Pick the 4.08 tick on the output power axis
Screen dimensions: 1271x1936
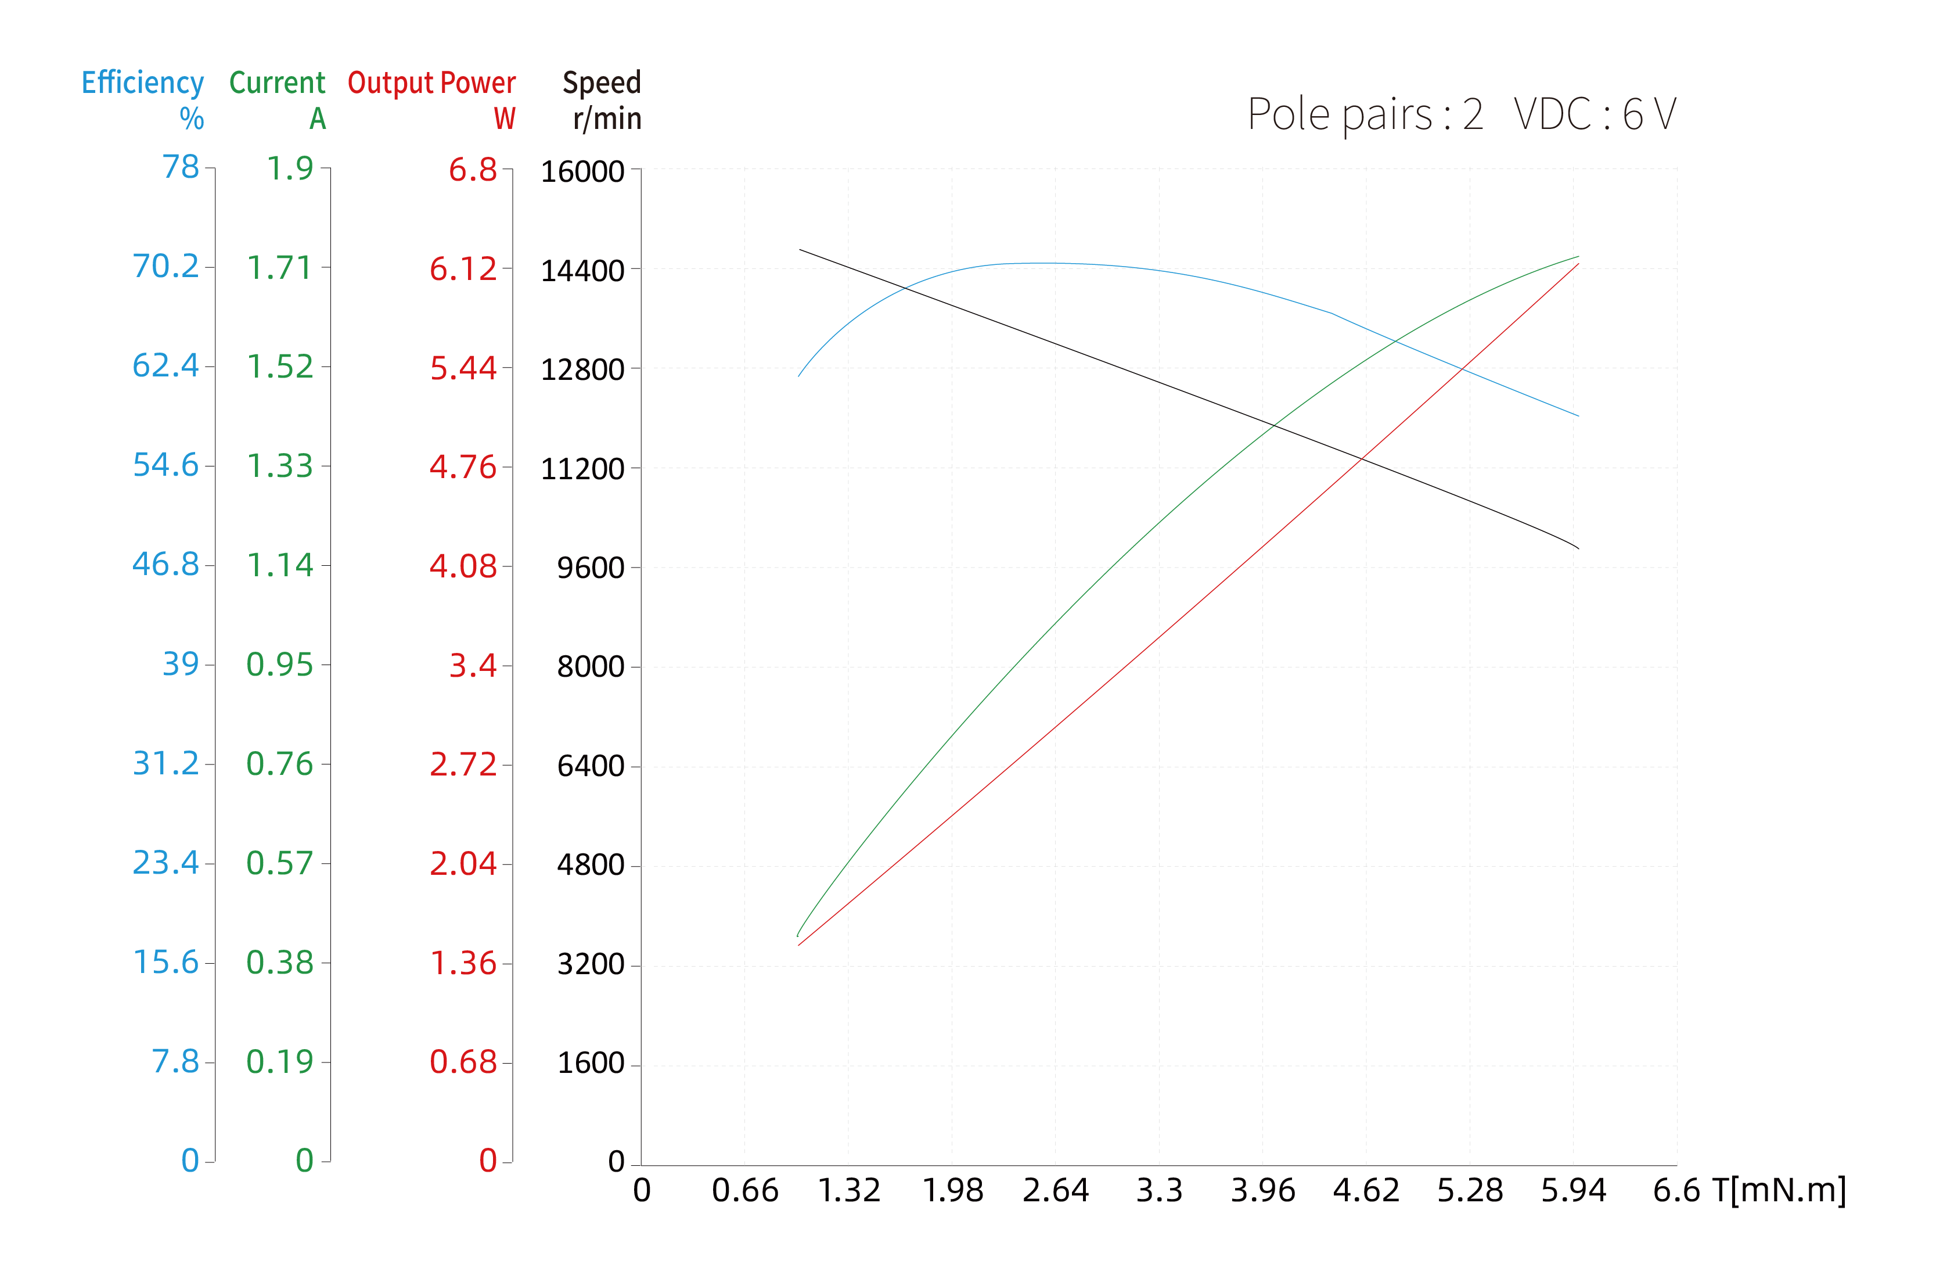pyautogui.click(x=462, y=566)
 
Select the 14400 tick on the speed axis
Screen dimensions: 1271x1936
pyautogui.click(x=582, y=270)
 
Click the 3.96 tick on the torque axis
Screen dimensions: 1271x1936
pyautogui.click(x=1262, y=1190)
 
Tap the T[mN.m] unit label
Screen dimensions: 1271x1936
pyautogui.click(x=1779, y=1190)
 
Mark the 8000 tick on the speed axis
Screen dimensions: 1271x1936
pyautogui.click(x=591, y=666)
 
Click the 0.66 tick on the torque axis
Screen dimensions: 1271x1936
pyautogui.click(x=744, y=1190)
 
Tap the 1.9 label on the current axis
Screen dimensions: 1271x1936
pyautogui.click(x=290, y=168)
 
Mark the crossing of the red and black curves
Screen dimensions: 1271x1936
pyautogui.click(x=1362, y=459)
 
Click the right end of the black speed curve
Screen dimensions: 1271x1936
pyautogui.click(x=1578, y=548)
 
